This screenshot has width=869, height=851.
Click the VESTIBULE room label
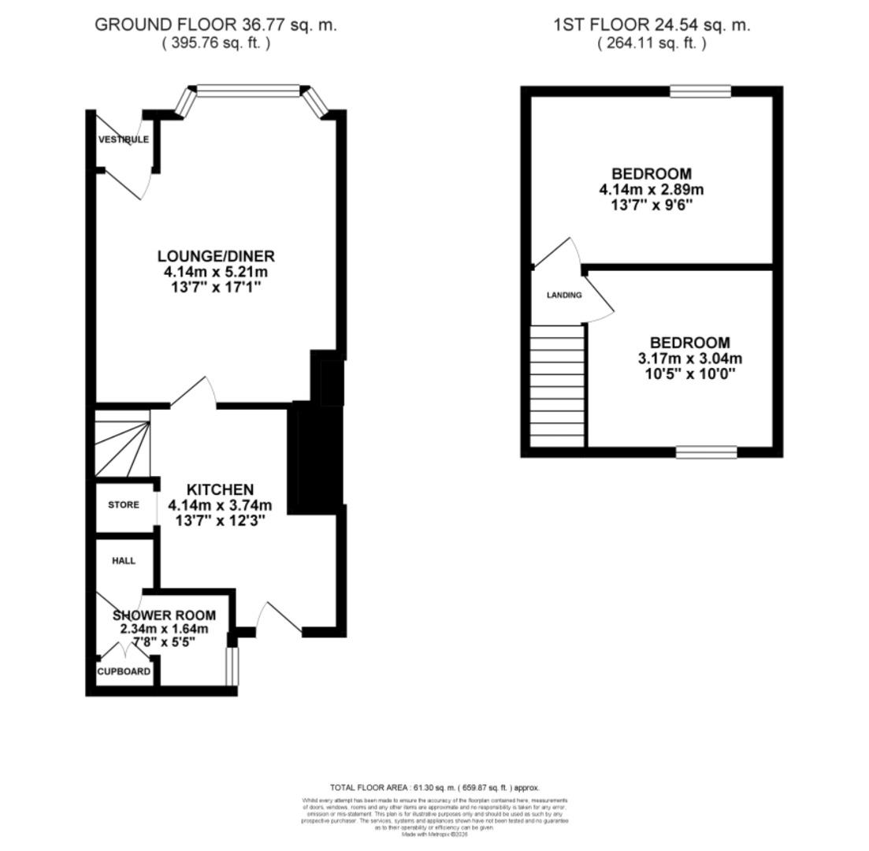point(123,139)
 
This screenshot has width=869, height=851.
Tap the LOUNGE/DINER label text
point(216,256)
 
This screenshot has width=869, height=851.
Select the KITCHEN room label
point(220,489)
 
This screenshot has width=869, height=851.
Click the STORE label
point(124,505)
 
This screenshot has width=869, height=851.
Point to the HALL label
point(124,561)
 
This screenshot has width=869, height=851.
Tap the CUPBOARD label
point(124,671)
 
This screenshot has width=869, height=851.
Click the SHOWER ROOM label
point(164,615)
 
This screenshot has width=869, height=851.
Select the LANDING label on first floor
point(564,295)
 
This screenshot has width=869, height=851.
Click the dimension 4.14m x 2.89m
point(652,190)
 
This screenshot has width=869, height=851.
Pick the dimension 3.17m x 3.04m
point(689,359)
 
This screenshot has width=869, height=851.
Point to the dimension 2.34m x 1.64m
point(164,629)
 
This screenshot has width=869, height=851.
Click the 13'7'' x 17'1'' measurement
point(216,288)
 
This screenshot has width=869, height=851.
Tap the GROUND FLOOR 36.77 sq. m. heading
point(216,24)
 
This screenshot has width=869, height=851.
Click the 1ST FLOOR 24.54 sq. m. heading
point(652,24)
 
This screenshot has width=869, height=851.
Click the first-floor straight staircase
point(558,386)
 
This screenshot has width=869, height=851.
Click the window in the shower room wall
point(231,666)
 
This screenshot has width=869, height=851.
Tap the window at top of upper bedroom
point(700,91)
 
